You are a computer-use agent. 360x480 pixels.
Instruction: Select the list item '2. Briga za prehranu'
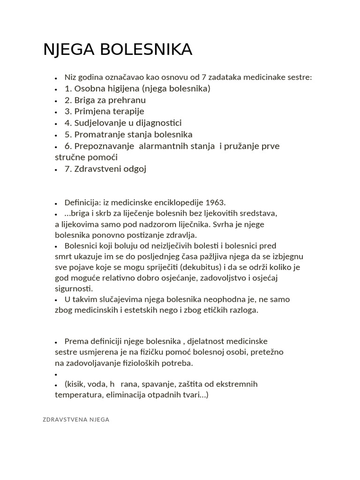105,100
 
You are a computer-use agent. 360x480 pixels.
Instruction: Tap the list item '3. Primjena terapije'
104,112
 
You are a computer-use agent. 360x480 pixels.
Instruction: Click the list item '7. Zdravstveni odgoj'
105,169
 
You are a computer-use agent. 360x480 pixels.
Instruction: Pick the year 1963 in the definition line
216,203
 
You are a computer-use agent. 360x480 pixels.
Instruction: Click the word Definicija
82,203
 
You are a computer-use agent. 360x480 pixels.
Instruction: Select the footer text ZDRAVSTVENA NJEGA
76,420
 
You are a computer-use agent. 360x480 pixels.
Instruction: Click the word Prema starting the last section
75,341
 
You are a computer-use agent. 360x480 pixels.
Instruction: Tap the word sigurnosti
74,288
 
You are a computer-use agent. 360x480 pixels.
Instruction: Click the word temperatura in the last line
76,395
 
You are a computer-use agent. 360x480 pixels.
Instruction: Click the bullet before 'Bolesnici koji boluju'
56,246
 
